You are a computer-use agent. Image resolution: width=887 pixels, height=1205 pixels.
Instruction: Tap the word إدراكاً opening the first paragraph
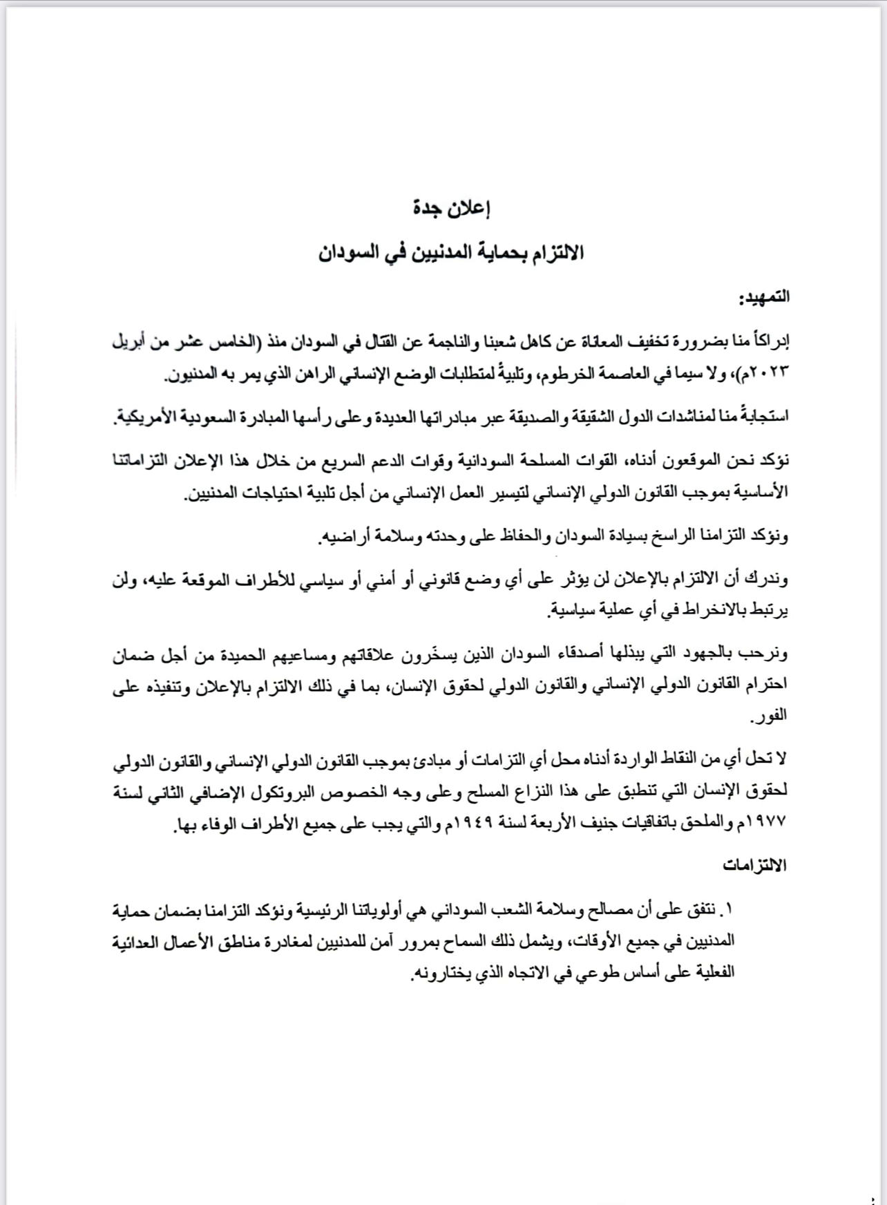click(x=768, y=342)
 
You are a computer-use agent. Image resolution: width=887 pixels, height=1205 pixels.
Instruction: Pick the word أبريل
click(x=134, y=342)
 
